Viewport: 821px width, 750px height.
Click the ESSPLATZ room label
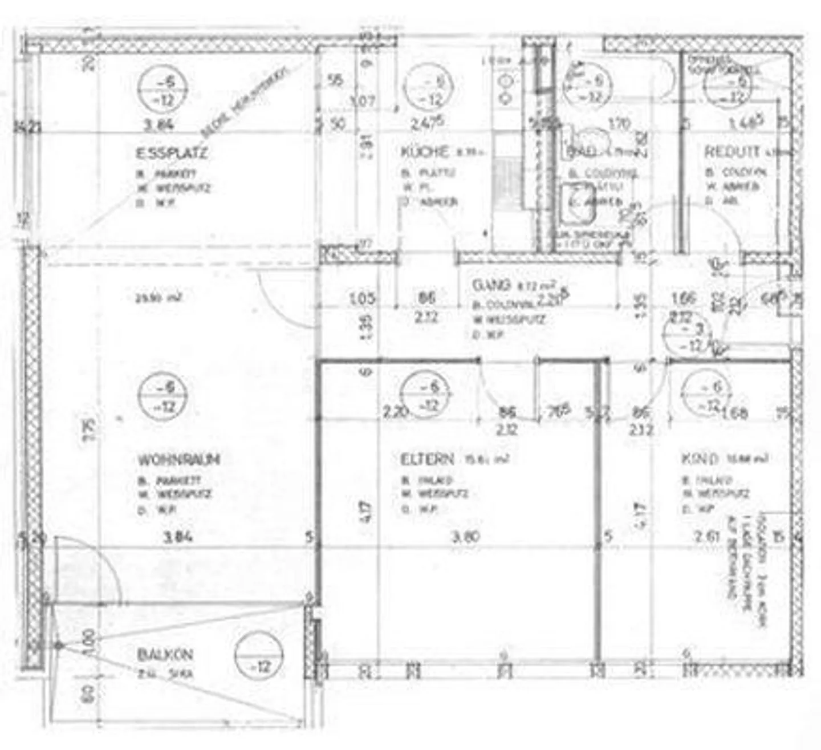pos(172,153)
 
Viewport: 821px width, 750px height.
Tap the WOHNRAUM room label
pos(178,460)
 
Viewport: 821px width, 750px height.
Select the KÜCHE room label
pos(425,152)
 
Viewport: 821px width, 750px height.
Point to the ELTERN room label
pos(427,459)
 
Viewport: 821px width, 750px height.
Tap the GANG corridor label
pos(491,285)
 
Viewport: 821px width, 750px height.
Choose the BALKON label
pos(165,654)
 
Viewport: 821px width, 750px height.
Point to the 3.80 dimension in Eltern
pos(465,536)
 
